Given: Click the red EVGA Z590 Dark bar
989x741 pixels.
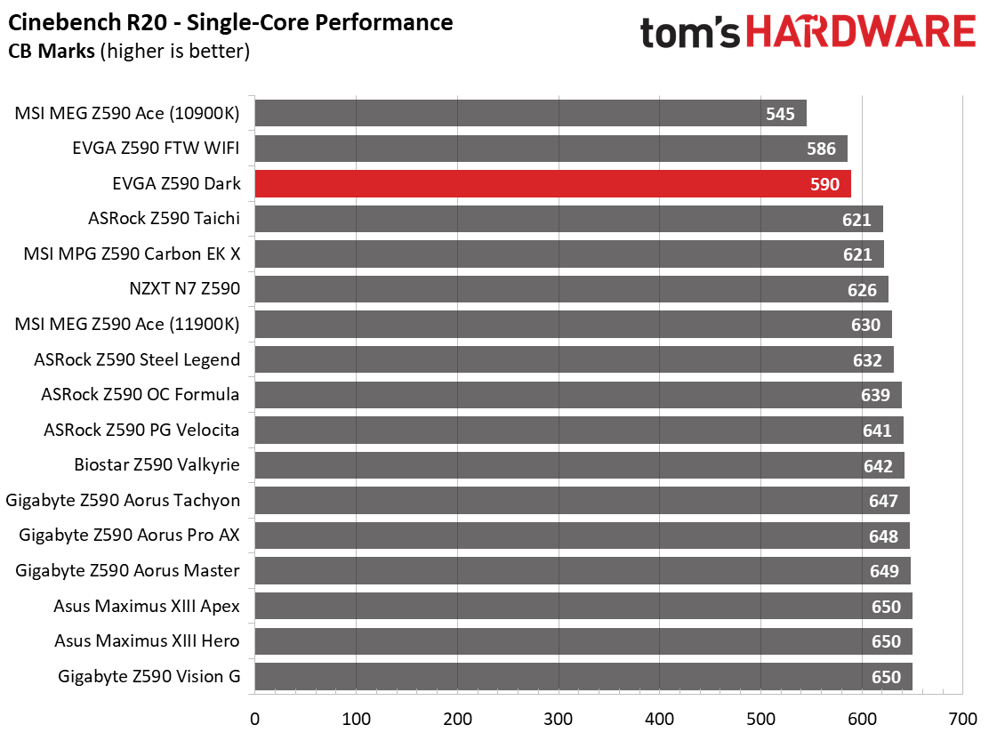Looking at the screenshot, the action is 553,183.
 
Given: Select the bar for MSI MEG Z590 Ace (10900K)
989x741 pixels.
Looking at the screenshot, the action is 530,113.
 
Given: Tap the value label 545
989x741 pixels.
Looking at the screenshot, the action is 780,114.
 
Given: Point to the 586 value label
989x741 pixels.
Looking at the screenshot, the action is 821,149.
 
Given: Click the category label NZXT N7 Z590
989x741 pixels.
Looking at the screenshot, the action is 185,289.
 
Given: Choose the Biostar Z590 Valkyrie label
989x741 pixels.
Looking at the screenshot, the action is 157,464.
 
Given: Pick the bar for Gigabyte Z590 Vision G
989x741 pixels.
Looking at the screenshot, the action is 583,676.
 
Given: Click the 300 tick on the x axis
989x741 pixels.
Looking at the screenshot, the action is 559,719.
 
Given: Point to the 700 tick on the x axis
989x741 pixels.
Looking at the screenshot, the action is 963,719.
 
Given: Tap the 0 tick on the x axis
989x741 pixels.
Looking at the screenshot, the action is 255,719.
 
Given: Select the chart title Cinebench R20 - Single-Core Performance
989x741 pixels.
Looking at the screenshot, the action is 230,23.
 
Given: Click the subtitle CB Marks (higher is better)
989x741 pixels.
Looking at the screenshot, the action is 129,51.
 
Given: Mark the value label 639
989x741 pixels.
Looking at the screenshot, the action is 875,395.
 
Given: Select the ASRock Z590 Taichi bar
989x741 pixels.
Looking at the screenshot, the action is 569,219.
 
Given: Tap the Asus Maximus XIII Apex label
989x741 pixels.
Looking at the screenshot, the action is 147,606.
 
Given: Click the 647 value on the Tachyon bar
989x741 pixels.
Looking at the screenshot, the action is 883,501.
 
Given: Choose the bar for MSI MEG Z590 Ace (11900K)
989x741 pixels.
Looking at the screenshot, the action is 574,324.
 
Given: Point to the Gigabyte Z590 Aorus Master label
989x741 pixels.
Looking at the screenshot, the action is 127,571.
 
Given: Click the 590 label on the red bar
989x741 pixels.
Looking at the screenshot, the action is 825,184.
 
